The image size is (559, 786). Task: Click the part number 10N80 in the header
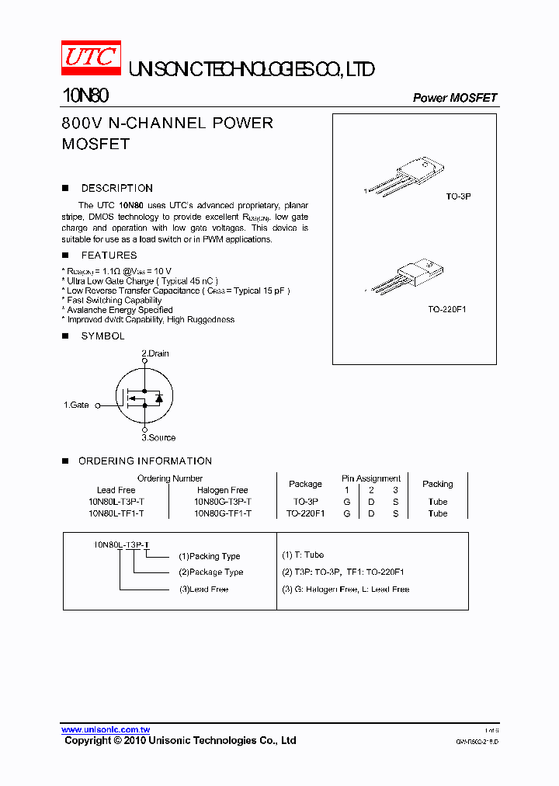85,96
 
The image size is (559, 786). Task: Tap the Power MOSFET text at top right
454,98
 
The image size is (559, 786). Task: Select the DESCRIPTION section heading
116,188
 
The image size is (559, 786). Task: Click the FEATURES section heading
109,255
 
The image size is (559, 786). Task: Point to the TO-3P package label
458,197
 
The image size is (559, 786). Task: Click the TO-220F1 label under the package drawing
446,309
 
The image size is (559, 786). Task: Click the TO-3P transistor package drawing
408,176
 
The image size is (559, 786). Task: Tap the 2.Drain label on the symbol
155,353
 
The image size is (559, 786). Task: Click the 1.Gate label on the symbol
76,405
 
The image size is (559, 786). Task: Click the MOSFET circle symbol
144,396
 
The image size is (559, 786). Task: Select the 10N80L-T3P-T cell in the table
116,502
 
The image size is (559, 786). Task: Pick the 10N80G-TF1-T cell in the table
222,513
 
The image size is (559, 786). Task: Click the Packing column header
437,484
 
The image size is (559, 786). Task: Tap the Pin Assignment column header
370,478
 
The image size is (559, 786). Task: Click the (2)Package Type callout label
210,572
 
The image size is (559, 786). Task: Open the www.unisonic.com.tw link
106,729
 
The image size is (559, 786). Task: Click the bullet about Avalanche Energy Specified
120,310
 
